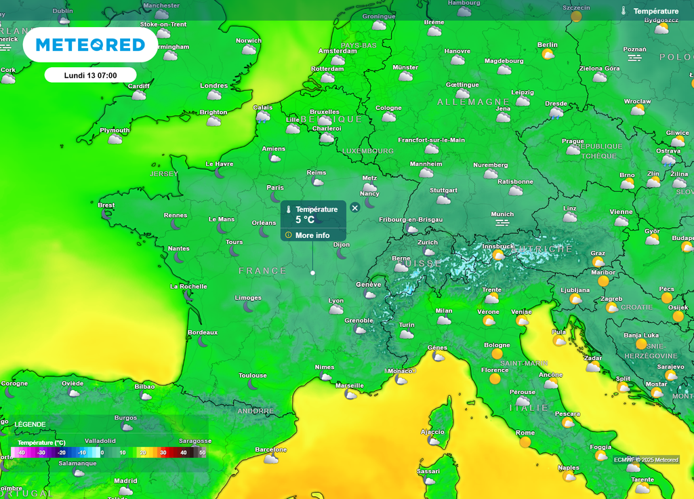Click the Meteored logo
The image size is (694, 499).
point(90,45)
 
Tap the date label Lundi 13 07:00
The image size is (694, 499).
point(90,75)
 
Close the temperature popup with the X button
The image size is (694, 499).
point(354,207)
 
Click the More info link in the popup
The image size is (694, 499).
point(312,235)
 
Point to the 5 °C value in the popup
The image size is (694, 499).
point(305,220)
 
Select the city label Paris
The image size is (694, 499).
point(275,188)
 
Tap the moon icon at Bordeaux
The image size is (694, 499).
point(203,342)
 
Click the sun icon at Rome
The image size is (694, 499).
point(525,442)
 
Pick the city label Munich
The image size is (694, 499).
point(502,214)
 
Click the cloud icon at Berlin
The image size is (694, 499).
point(548,54)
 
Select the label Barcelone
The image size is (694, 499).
point(270,450)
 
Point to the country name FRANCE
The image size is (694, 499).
point(262,271)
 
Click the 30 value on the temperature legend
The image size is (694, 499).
point(163,452)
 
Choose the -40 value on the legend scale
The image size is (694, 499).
point(21,452)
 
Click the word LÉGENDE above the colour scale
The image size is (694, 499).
point(30,424)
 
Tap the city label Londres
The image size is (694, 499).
point(213,86)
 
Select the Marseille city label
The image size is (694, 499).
point(350,385)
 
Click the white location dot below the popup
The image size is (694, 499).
point(312,273)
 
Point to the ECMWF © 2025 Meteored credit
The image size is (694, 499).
point(646,460)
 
